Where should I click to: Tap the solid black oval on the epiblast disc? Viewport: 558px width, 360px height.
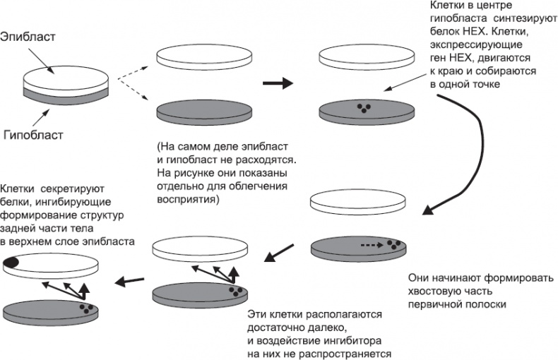[x=12, y=263]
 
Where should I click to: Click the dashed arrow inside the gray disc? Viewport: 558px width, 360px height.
[x=369, y=245]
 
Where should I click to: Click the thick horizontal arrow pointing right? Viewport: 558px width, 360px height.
[x=276, y=83]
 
